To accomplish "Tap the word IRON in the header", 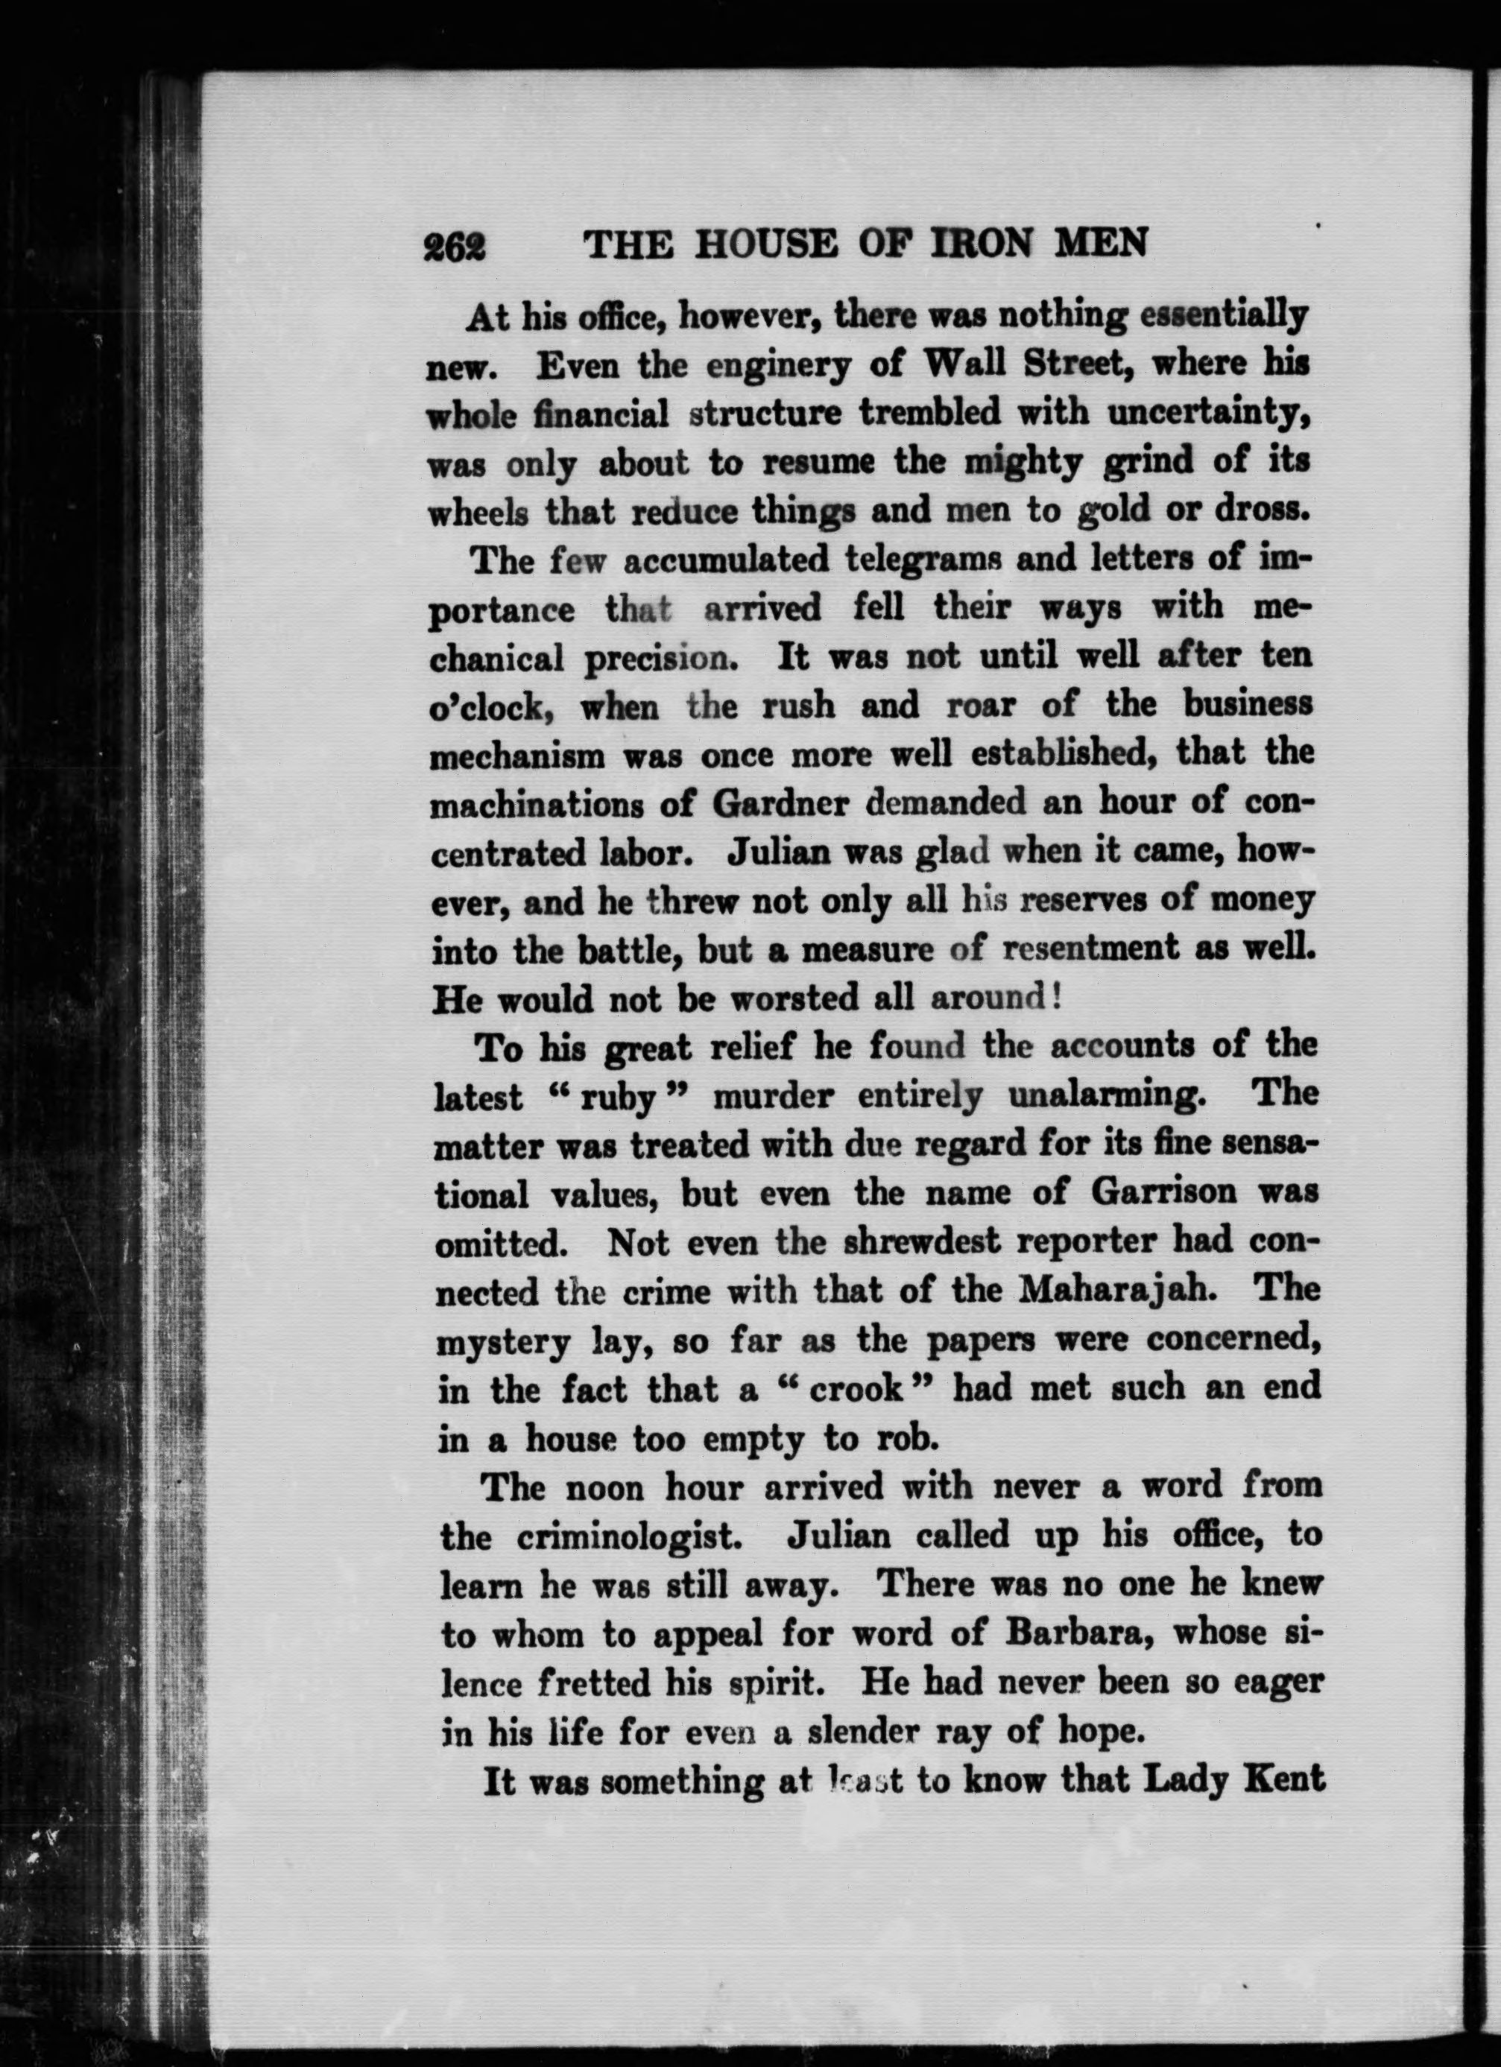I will click(976, 244).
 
